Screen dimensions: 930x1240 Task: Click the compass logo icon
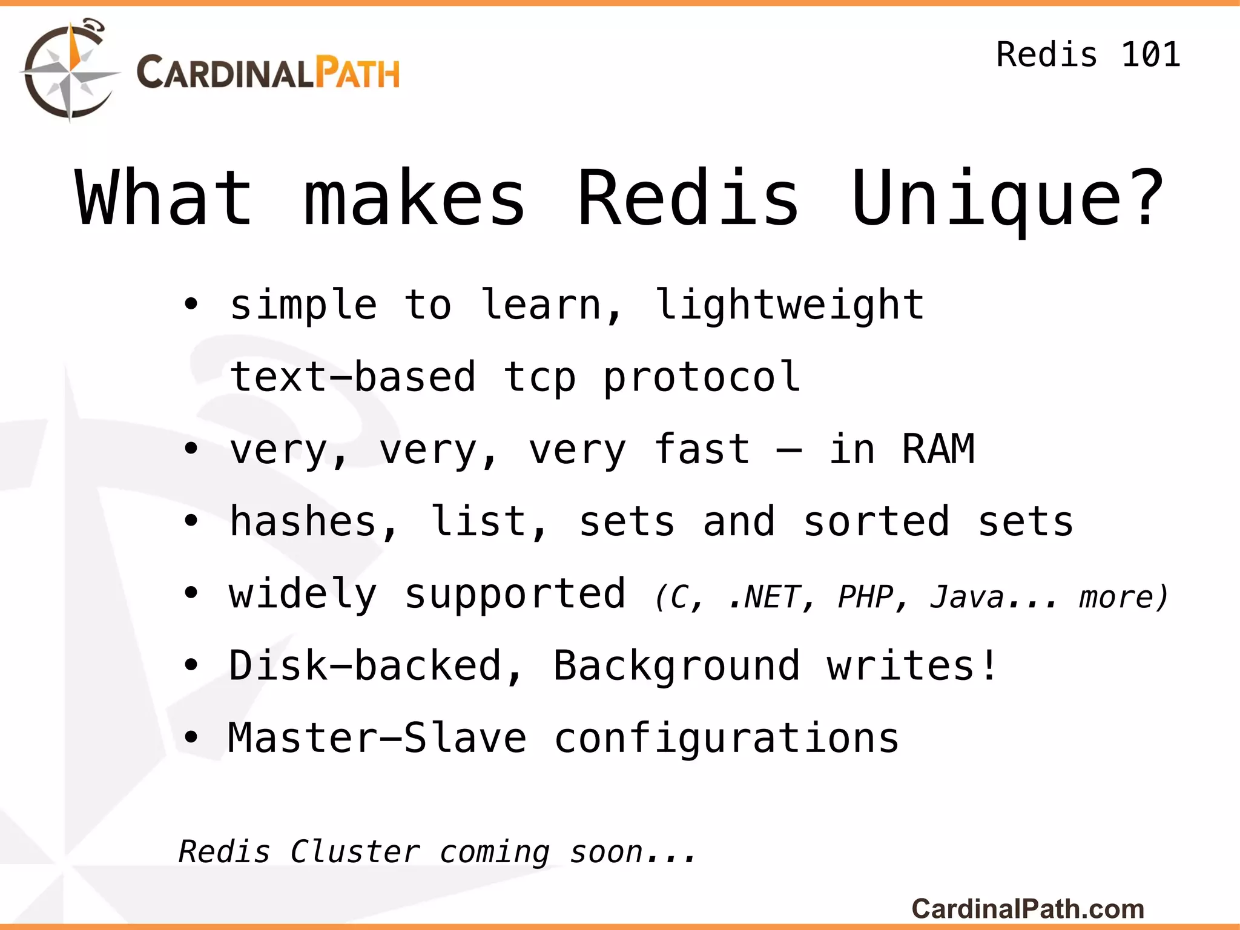[x=70, y=71]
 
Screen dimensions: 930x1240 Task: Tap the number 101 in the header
[x=1150, y=54]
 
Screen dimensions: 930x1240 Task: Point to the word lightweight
[x=790, y=304]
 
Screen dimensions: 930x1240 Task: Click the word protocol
[x=702, y=377]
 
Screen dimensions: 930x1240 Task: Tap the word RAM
[x=938, y=449]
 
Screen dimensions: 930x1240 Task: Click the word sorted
[x=876, y=521]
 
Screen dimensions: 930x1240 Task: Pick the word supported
[x=515, y=594]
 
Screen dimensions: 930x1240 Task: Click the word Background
[x=676, y=666]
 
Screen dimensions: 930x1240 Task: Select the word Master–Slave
[x=377, y=738]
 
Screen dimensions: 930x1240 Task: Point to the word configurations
[x=727, y=738]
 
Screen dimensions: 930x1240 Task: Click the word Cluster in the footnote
[x=355, y=852]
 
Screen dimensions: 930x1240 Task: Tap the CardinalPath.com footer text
[x=1027, y=909]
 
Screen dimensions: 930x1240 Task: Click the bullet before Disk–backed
[x=191, y=666]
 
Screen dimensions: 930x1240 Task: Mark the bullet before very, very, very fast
[x=191, y=449]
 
